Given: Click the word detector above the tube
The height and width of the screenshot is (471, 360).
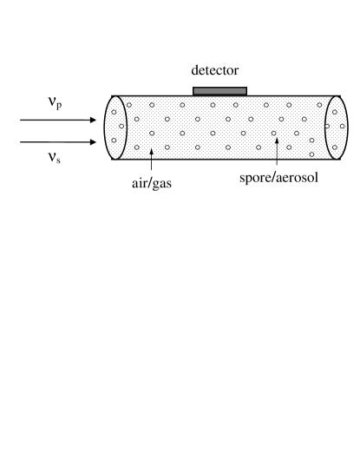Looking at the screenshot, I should (x=219, y=69).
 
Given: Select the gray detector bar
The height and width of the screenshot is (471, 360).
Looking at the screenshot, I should (x=219, y=90).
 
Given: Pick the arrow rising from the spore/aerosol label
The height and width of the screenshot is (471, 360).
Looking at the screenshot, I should (x=276, y=151).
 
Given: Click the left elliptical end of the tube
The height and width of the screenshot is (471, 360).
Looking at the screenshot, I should (x=115, y=127).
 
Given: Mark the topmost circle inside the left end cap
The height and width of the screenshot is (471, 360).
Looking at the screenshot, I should (x=114, y=112).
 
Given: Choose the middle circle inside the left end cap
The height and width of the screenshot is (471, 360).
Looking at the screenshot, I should (x=121, y=128).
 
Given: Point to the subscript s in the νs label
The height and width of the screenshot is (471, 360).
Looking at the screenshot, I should (x=59, y=160).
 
